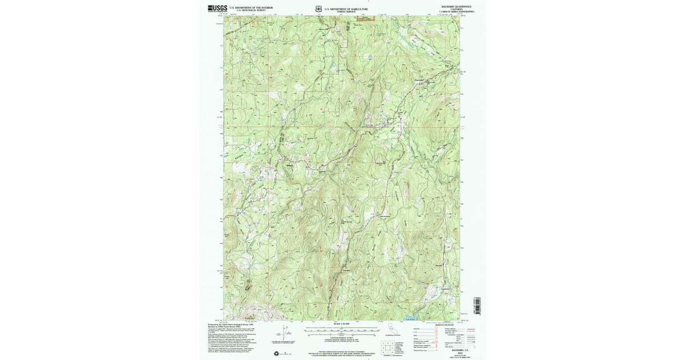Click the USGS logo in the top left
click(217, 9)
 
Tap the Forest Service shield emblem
click(318, 9)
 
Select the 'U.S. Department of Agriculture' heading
click(346, 8)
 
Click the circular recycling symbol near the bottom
click(278, 353)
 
